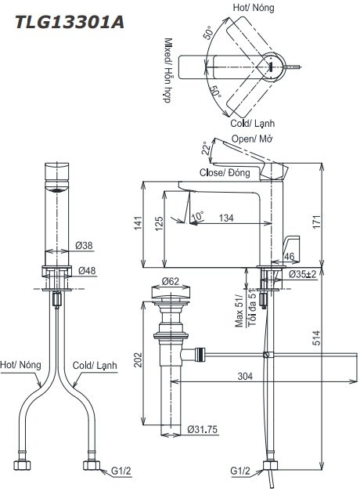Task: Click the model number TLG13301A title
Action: click(64, 21)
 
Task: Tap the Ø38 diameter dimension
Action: click(84, 246)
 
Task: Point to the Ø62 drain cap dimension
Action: click(171, 281)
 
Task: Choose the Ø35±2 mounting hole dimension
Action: click(301, 274)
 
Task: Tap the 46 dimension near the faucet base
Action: click(289, 256)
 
